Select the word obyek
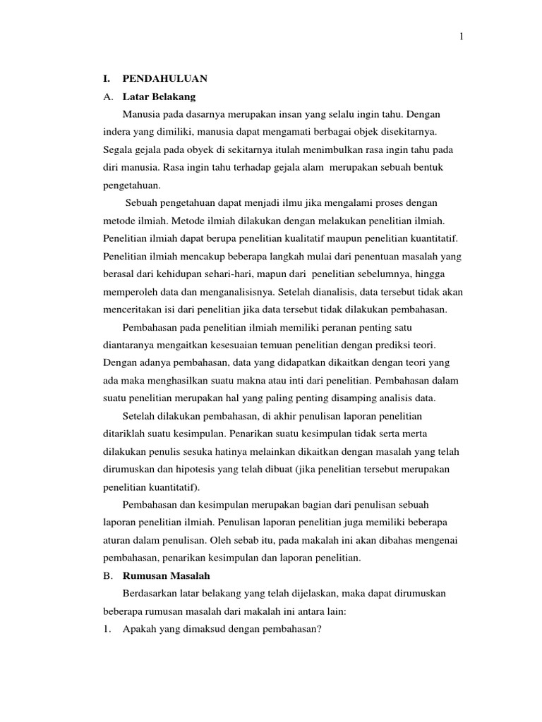[200, 150]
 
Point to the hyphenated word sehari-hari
[241, 274]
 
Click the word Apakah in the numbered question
[140, 629]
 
